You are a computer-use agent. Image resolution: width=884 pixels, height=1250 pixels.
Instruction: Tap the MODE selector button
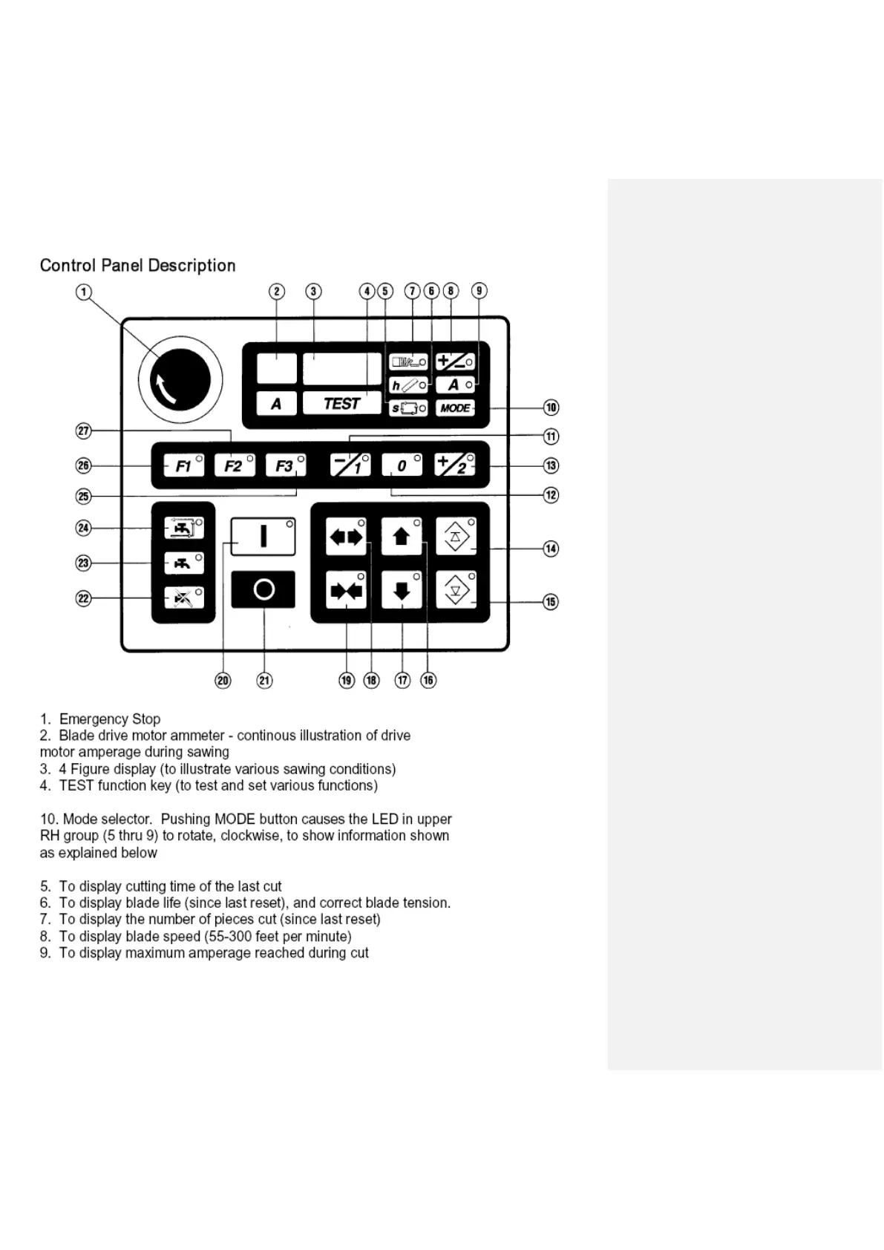click(454, 408)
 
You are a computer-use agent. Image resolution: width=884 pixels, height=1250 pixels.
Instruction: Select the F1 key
click(183, 465)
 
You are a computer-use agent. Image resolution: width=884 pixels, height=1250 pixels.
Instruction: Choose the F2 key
click(234, 465)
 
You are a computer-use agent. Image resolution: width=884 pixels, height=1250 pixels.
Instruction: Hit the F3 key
click(285, 465)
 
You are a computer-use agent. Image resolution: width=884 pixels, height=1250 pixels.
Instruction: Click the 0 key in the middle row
click(402, 465)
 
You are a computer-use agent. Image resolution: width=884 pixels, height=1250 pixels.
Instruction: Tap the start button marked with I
click(263, 536)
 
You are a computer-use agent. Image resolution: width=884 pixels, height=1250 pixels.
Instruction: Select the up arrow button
click(402, 536)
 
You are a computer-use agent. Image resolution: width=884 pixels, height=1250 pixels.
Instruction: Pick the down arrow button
click(402, 590)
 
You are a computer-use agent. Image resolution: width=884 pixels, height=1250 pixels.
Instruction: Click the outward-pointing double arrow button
click(347, 536)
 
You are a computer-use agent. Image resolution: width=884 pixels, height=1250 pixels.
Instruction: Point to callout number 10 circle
click(551, 408)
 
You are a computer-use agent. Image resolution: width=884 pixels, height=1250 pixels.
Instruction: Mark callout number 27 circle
click(84, 431)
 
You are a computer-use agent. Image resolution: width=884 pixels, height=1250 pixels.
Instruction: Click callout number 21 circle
click(264, 680)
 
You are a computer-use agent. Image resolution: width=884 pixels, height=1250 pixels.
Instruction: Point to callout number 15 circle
click(551, 601)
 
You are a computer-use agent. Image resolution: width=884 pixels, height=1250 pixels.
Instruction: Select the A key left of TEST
click(276, 404)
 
